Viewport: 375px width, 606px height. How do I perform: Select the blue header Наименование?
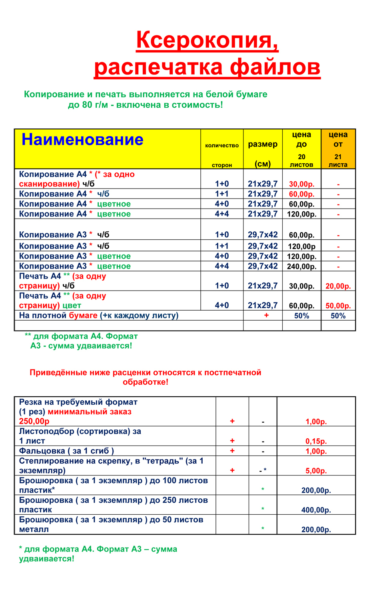coord(82,140)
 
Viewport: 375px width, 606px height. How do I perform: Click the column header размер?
coord(263,144)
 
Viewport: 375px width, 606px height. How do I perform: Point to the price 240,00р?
coord(301,267)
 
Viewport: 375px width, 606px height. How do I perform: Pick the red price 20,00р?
coord(338,286)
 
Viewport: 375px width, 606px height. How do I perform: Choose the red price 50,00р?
coord(338,306)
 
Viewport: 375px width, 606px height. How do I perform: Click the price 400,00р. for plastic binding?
coord(316,510)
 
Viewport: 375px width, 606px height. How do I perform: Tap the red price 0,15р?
coord(316,441)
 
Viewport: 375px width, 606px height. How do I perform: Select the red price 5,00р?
coord(316,471)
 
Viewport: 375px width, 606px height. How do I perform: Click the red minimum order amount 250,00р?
coord(34,421)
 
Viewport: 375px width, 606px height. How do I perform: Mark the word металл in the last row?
coord(34,530)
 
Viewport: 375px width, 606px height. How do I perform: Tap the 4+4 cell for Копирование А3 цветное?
coord(222,266)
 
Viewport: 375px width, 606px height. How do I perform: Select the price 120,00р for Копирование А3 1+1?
coord(301,247)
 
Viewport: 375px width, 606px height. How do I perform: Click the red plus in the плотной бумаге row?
coord(266,315)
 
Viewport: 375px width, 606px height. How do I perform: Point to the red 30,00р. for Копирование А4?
coord(301,185)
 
